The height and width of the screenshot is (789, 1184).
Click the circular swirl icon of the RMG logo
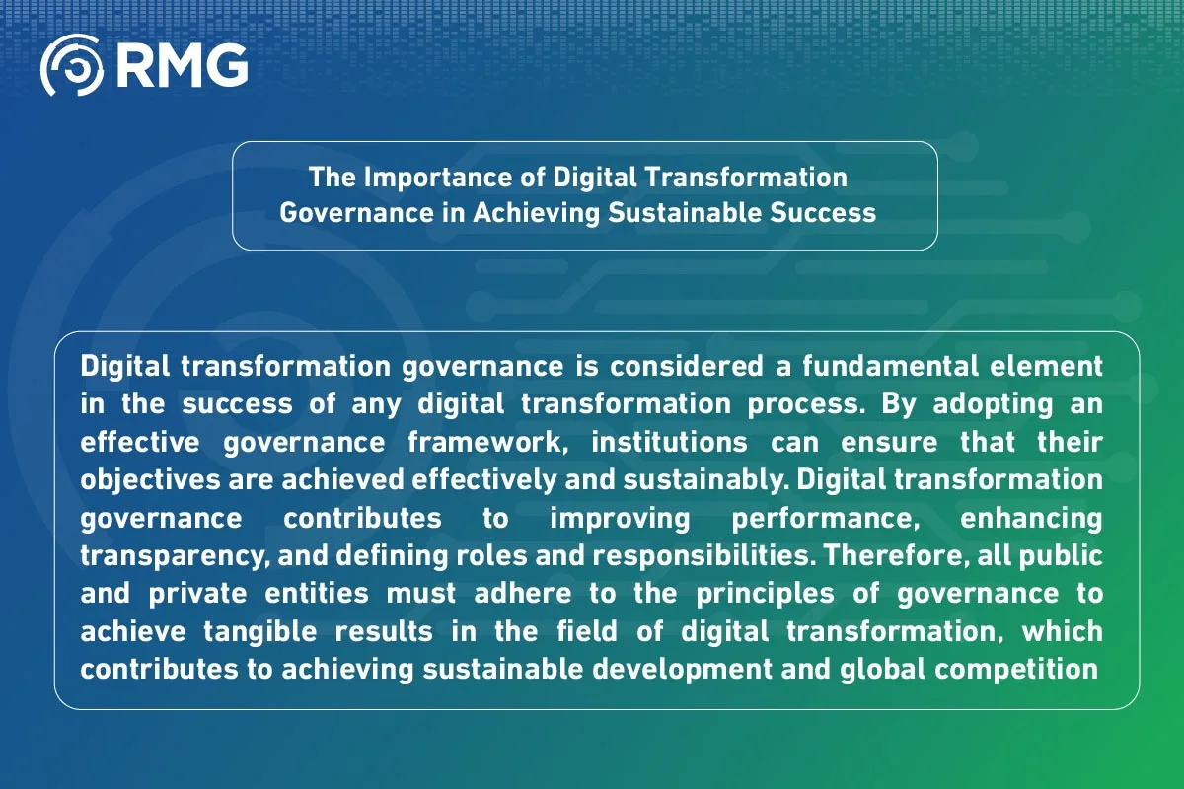pyautogui.click(x=71, y=65)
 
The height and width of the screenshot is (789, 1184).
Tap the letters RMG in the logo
pyautogui.click(x=181, y=65)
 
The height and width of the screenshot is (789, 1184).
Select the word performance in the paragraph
pyautogui.click(x=801, y=518)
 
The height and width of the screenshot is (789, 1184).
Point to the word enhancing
pyautogui.click(x=1031, y=518)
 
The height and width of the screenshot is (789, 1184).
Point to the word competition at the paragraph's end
pyautogui.click(x=1019, y=669)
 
